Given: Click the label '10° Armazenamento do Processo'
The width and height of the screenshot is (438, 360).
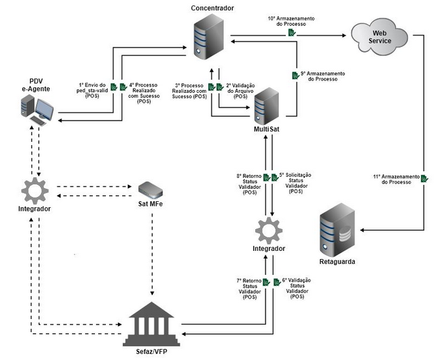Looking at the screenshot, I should point(291,20).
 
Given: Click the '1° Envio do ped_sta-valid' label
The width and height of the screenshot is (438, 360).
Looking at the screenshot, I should point(98,90).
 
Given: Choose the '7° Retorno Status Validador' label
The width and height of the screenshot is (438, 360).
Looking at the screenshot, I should point(248,288).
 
